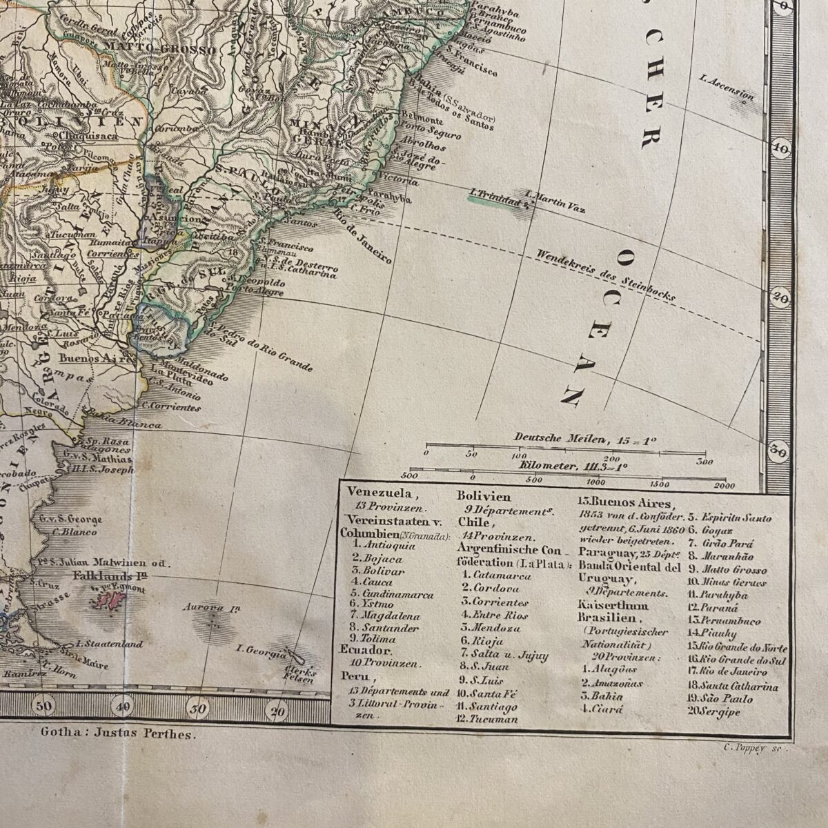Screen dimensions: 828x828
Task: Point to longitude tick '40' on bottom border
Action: (x=123, y=705)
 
